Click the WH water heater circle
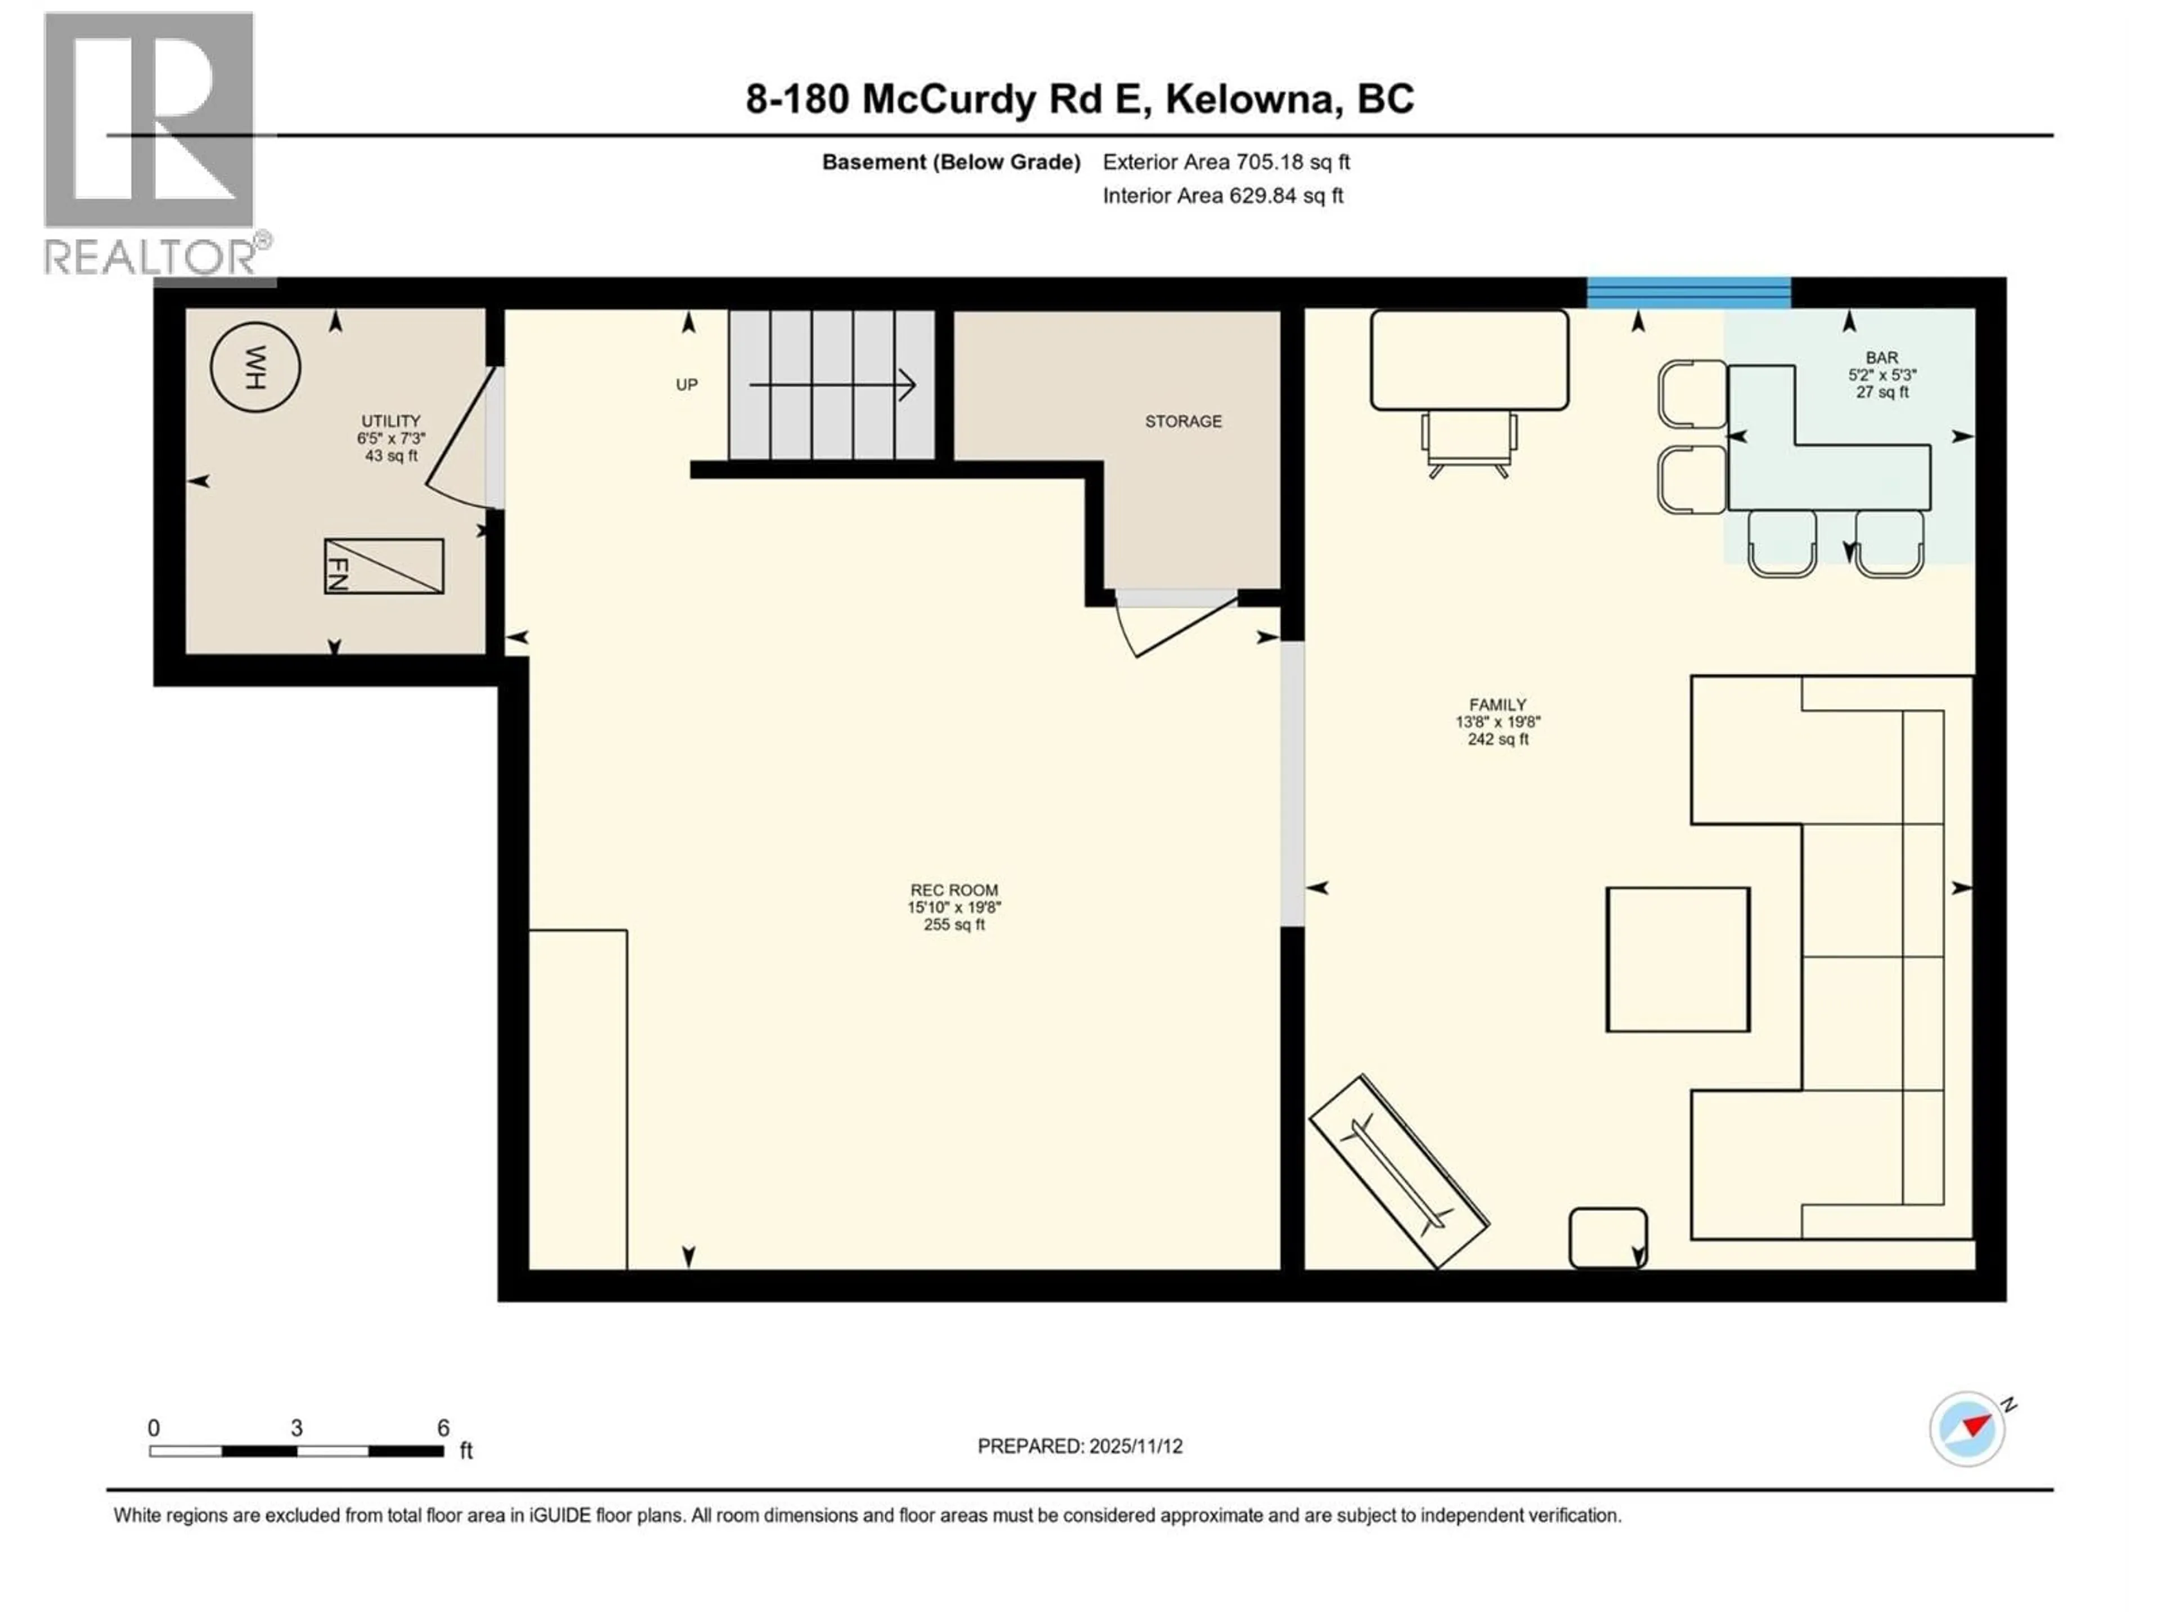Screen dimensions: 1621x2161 click(x=255, y=368)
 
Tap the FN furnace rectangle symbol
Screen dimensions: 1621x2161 click(x=384, y=566)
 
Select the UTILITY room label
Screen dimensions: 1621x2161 click(x=391, y=421)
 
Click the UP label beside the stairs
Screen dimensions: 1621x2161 click(x=687, y=385)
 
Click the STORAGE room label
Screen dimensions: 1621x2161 click(x=1183, y=421)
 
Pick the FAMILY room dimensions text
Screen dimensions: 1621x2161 click(x=1498, y=722)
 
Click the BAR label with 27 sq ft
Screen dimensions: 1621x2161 click(x=1882, y=375)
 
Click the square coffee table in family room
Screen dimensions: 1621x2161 click(x=1678, y=960)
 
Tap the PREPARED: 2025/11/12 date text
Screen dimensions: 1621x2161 click(x=1079, y=1446)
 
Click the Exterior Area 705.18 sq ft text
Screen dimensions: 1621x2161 click(x=1226, y=162)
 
